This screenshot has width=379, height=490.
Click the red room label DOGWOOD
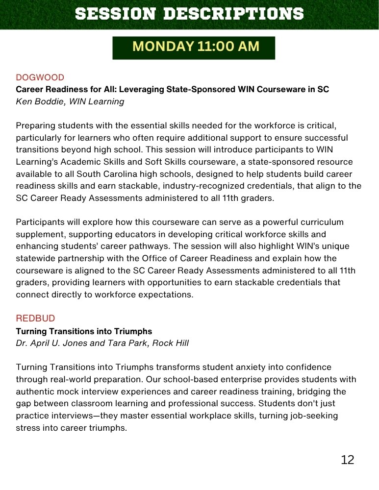(40, 77)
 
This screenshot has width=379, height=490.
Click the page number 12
(347, 460)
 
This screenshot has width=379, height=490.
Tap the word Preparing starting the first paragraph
(36, 125)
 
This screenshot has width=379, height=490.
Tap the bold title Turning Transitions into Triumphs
(84, 331)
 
